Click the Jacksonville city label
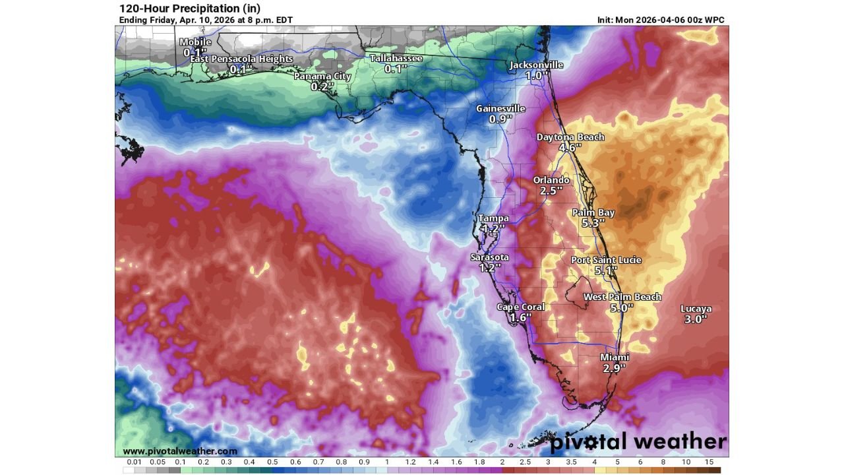pyautogui.click(x=536, y=65)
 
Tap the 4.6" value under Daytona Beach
pyautogui.click(x=570, y=148)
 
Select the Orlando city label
pyautogui.click(x=551, y=180)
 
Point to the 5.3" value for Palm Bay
pyautogui.click(x=593, y=224)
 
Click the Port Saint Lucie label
pyautogui.click(x=606, y=261)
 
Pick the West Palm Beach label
pyautogui.click(x=622, y=298)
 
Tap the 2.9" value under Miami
pyautogui.click(x=614, y=368)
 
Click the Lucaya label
pyautogui.click(x=696, y=309)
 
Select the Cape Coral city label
pyautogui.click(x=521, y=307)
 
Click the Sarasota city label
pyautogui.click(x=489, y=257)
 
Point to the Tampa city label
pyautogui.click(x=493, y=218)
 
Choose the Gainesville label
pyautogui.click(x=501, y=109)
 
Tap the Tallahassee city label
pyautogui.click(x=396, y=59)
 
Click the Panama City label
pyautogui.click(x=322, y=77)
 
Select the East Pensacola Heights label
pyautogui.click(x=241, y=59)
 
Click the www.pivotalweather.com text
pyautogui.click(x=180, y=451)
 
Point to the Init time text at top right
pyautogui.click(x=661, y=20)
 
